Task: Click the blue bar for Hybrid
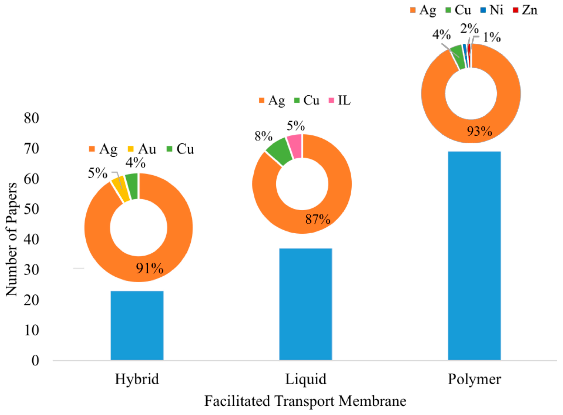click(137, 325)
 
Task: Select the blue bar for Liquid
click(306, 304)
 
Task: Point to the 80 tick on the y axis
click(31, 118)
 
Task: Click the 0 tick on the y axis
click(35, 361)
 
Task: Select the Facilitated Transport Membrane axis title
click(305, 401)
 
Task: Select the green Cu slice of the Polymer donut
click(458, 57)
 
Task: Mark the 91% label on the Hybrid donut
click(150, 268)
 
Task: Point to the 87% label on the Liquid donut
click(318, 219)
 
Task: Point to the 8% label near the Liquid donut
click(264, 137)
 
